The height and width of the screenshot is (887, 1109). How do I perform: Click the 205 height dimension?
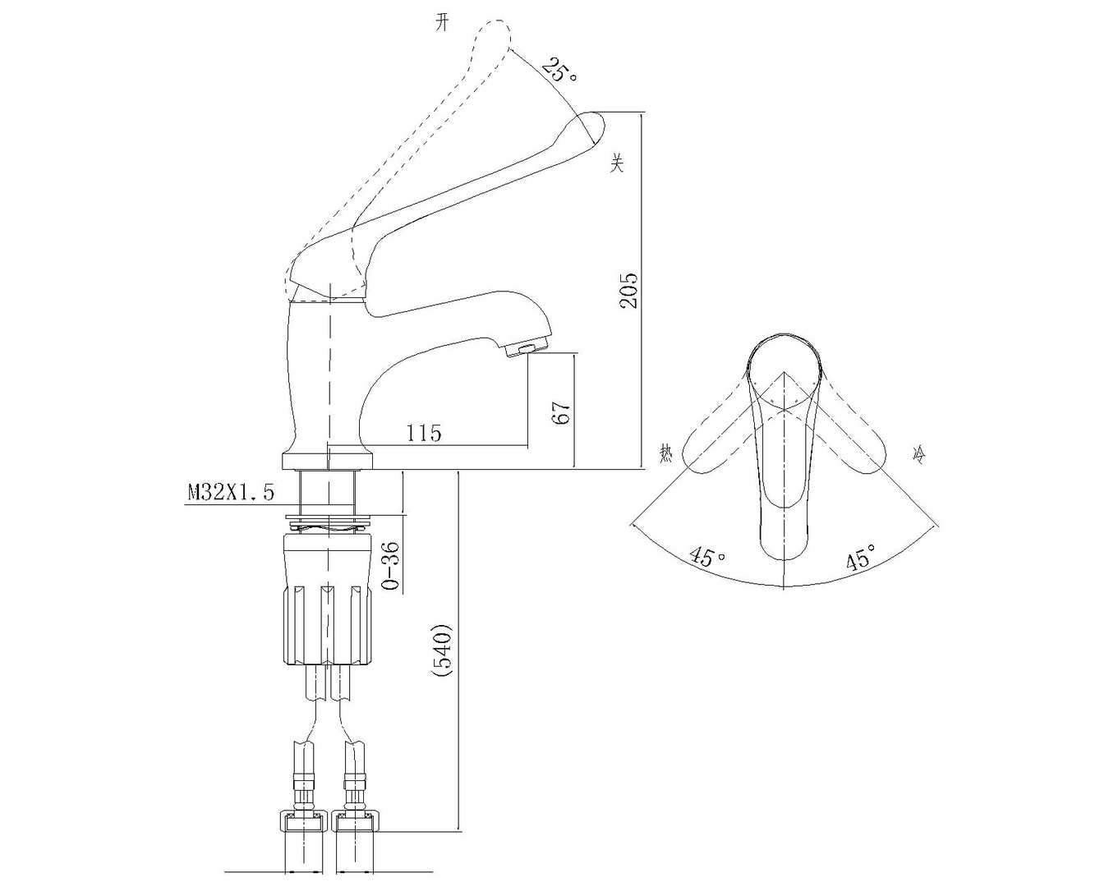[628, 291]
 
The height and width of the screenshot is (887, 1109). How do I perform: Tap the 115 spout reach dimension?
[424, 434]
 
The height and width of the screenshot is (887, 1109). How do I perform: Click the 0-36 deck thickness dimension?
[392, 567]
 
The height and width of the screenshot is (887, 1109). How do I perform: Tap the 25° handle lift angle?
[559, 70]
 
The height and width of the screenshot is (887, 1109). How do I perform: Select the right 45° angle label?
[860, 555]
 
